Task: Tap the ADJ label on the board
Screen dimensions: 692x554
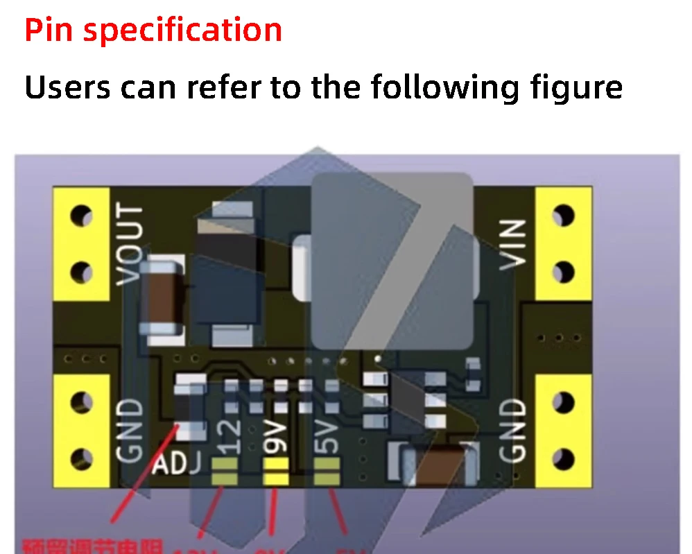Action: click(x=177, y=463)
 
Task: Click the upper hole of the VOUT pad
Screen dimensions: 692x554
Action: click(x=82, y=216)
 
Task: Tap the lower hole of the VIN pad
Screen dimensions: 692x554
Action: click(x=564, y=270)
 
